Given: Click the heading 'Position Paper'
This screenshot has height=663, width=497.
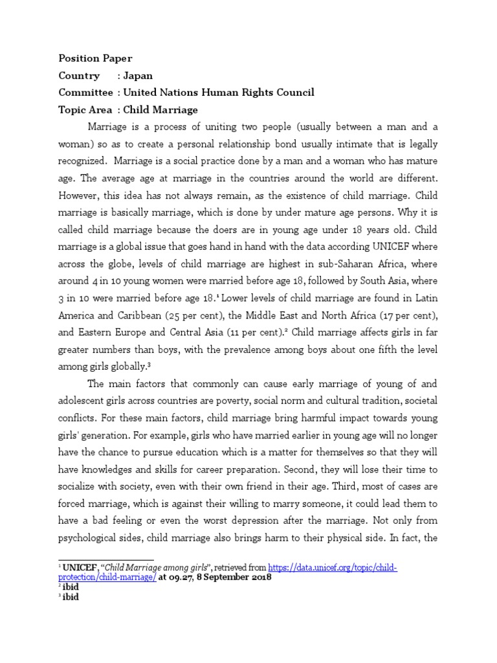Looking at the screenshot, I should coord(95,59).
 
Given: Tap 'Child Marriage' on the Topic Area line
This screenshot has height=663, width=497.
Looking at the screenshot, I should coord(160,109).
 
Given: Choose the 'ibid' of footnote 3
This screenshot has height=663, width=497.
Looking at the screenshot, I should coord(71,597).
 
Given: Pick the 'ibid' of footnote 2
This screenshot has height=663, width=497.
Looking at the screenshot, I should coord(71,587).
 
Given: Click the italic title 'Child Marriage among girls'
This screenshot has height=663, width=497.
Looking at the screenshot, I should coord(146,568).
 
